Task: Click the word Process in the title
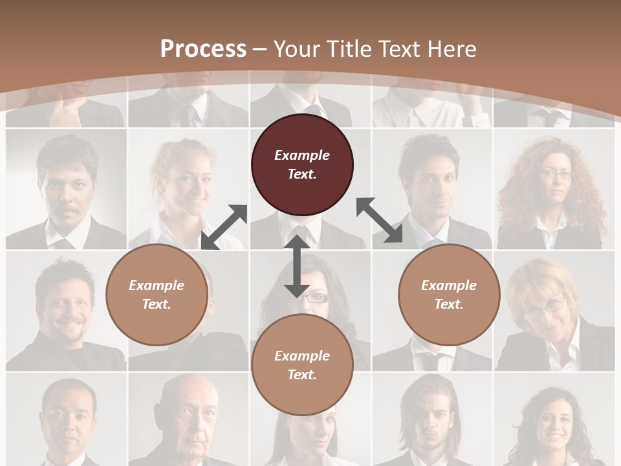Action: pos(203,49)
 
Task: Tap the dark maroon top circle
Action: pos(302,165)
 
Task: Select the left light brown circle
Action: pos(157,294)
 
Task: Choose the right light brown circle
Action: pos(449,294)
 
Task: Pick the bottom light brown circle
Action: pos(302,365)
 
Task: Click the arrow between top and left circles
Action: pos(224,227)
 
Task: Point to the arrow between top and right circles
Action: pos(379,220)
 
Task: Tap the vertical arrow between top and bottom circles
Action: pos(296,266)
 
